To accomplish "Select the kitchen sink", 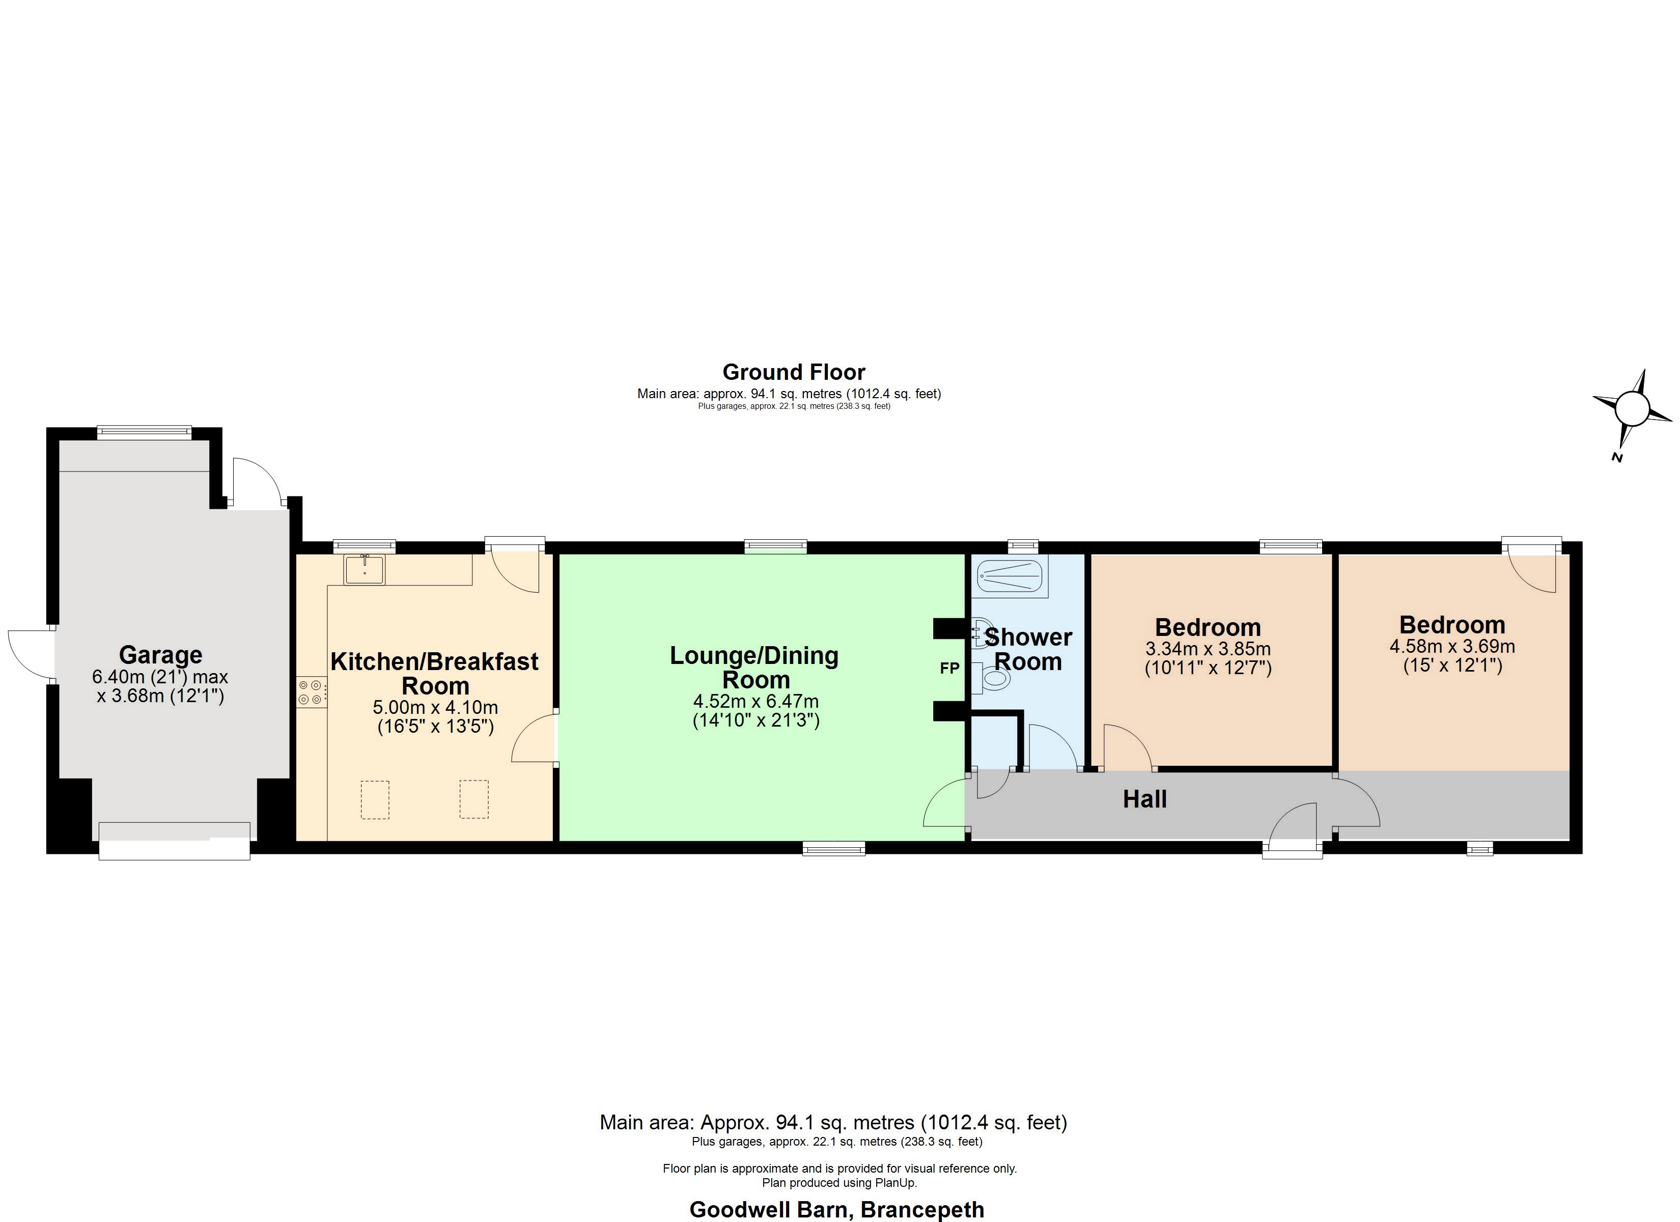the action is (x=363, y=570).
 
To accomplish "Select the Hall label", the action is (x=1144, y=799).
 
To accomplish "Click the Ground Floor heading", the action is (x=793, y=372).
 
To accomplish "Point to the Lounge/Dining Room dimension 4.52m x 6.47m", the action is (x=755, y=701).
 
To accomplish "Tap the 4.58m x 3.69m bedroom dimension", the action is (x=1452, y=646).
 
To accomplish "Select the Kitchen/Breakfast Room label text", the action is (x=435, y=673).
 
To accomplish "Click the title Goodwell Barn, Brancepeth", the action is (x=837, y=1209).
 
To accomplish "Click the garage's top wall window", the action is (x=145, y=433).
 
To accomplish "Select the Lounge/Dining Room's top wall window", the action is (x=775, y=547).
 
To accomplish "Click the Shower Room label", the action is (x=1028, y=649).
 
